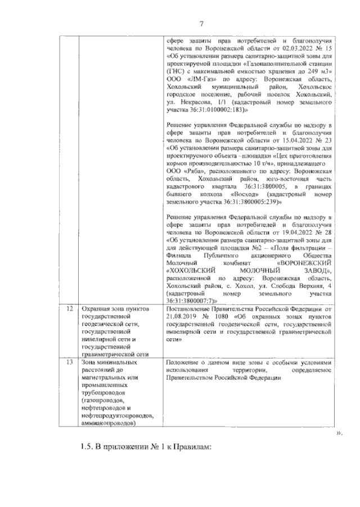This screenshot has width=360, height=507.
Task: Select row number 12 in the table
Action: click(x=69, y=309)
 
